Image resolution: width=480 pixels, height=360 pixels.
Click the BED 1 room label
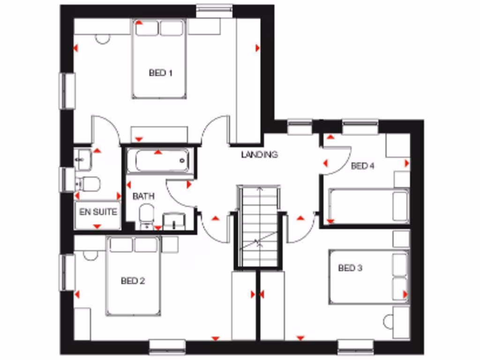(161, 73)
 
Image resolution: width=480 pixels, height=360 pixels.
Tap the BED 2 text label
(133, 281)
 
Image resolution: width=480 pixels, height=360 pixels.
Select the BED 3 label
(350, 268)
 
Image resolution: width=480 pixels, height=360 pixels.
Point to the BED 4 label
(362, 165)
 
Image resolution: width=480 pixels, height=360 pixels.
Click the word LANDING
(259, 154)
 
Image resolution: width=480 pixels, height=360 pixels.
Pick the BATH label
(143, 196)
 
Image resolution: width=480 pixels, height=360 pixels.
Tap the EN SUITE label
(98, 212)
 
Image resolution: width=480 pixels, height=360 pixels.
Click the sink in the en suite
(83, 159)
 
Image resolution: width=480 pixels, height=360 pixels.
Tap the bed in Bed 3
(368, 277)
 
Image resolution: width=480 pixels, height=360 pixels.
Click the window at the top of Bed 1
(214, 8)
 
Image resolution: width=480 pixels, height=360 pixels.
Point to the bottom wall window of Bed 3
(356, 347)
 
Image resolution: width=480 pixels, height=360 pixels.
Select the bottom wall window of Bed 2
(167, 347)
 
